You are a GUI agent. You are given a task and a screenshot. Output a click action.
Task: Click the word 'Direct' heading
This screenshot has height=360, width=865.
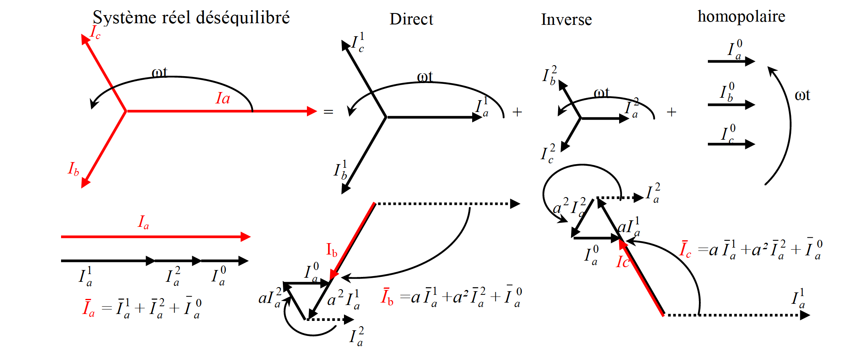(x=411, y=19)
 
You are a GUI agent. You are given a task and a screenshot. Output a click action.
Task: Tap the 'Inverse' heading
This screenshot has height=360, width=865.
(x=566, y=20)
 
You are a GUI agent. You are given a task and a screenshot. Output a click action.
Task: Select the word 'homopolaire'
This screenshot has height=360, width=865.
(x=741, y=16)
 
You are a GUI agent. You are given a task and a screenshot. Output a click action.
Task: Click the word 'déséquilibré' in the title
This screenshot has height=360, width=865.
(x=243, y=18)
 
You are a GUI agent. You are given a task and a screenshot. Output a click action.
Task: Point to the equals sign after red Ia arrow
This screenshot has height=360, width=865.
(x=328, y=112)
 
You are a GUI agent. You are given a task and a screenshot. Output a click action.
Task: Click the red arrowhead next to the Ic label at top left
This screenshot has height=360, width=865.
(x=85, y=39)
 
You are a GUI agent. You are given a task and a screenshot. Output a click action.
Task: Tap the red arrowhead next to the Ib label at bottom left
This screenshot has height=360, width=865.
(x=85, y=182)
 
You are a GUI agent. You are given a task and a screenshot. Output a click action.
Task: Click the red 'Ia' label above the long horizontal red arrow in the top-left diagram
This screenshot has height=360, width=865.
(x=223, y=98)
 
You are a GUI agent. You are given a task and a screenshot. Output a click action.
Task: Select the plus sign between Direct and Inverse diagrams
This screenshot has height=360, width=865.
(x=517, y=112)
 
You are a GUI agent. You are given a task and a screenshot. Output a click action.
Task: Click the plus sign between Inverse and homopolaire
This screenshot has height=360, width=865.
(x=672, y=112)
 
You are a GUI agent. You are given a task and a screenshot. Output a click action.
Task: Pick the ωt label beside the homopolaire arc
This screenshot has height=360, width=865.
(x=802, y=95)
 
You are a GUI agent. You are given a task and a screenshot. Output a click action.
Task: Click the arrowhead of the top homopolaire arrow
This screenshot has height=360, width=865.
(x=750, y=61)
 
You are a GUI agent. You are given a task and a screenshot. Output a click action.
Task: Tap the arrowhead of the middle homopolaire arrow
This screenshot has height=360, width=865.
(x=750, y=105)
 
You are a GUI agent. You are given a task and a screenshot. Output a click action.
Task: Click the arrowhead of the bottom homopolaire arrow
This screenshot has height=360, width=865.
(x=750, y=144)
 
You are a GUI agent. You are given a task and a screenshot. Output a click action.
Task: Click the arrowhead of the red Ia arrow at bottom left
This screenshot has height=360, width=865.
(x=245, y=237)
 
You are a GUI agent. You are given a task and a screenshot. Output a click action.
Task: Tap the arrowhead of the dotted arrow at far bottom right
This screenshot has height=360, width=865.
(x=805, y=315)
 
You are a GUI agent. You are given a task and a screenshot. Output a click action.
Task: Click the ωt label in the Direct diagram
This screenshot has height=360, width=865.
(x=425, y=77)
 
